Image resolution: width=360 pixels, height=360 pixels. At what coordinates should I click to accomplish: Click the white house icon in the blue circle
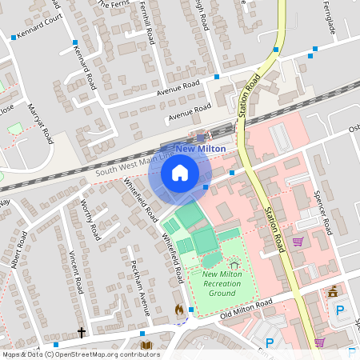[180, 172]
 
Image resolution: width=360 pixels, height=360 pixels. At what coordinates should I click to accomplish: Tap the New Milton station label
[200, 149]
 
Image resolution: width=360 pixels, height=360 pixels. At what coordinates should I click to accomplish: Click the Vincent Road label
[76, 271]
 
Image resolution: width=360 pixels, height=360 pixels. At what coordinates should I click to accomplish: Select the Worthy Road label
[88, 221]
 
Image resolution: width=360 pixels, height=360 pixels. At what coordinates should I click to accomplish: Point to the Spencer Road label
[322, 213]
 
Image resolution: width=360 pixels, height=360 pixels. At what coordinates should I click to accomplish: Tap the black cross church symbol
[81, 331]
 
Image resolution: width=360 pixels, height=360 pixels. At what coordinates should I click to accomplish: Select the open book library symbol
[146, 346]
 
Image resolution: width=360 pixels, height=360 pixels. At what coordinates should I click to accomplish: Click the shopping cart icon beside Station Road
[298, 242]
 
